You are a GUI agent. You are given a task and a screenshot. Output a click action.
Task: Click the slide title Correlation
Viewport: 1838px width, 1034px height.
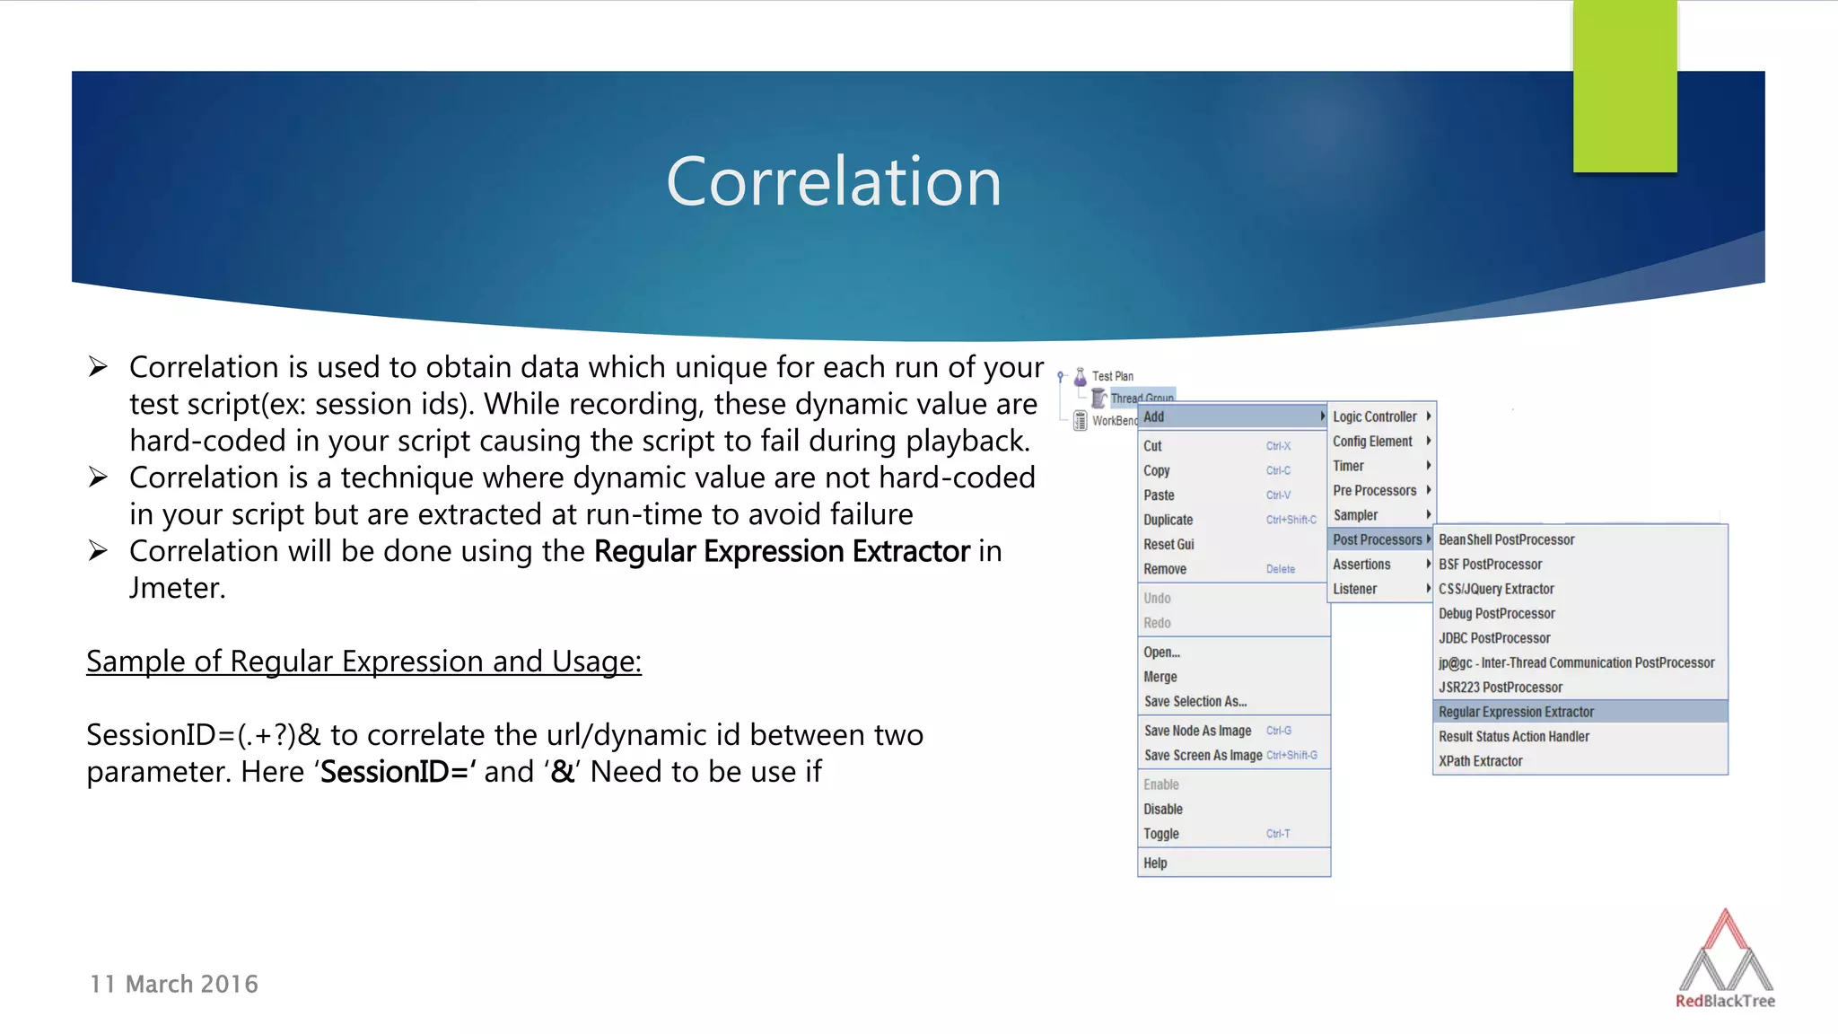tap(833, 181)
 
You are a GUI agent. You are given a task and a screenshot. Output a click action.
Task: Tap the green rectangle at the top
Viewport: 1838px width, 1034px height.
tap(1624, 86)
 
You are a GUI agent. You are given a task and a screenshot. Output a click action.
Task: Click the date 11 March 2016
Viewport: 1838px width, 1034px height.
tap(174, 984)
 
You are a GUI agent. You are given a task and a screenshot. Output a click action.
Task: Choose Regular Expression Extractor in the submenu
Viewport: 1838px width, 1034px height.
tap(1516, 712)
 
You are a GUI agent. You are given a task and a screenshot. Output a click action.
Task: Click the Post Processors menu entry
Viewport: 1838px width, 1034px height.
tap(1378, 539)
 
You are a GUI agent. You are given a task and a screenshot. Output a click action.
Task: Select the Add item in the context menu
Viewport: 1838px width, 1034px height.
tap(1154, 416)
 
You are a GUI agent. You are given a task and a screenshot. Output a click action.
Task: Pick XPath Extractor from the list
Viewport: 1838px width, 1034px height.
tap(1480, 761)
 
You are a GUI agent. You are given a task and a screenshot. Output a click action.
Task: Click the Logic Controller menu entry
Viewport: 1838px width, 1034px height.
tap(1374, 416)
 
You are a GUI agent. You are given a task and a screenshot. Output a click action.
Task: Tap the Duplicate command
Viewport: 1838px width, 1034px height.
tap(1168, 520)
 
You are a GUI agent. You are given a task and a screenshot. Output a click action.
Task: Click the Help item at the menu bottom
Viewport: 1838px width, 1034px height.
tap(1155, 863)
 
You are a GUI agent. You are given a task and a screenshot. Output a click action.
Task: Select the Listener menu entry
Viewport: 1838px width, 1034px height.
tap(1354, 589)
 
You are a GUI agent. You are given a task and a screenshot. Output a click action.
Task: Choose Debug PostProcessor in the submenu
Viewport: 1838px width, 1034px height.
tap(1496, 613)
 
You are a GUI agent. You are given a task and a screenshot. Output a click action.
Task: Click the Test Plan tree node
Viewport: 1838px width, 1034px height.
tap(1112, 376)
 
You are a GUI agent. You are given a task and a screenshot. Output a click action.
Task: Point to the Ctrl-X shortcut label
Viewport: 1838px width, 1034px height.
tap(1278, 446)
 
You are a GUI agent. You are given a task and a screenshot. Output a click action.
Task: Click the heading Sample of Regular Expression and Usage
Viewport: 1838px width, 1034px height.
tap(363, 662)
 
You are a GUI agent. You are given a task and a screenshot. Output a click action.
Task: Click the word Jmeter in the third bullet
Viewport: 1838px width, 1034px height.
tap(177, 588)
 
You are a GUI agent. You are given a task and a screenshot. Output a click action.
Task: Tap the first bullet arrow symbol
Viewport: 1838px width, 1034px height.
tap(98, 367)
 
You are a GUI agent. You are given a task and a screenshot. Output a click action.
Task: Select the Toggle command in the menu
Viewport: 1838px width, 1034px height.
tap(1160, 834)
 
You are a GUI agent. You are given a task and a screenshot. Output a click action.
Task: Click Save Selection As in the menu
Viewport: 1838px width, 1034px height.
tap(1195, 701)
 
